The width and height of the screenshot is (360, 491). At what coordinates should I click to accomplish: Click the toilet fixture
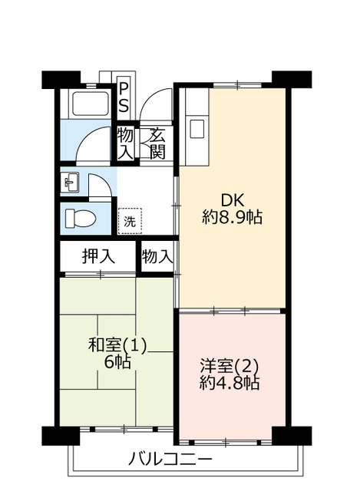(x=80, y=218)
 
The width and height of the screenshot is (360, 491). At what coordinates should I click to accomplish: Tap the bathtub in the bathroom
(x=91, y=104)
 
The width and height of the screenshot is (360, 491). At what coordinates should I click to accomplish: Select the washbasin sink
(x=71, y=183)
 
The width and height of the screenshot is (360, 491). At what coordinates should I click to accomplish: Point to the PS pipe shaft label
(x=124, y=97)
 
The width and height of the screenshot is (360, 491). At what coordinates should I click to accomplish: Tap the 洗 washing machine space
(x=130, y=221)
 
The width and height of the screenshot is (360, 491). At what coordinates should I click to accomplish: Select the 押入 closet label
(x=98, y=256)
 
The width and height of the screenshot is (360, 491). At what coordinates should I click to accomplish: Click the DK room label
(x=232, y=199)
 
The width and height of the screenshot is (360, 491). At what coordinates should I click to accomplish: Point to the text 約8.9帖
(x=232, y=217)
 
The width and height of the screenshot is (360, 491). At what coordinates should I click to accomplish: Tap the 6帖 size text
(x=117, y=362)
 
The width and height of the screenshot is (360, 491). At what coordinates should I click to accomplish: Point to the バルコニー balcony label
(x=170, y=460)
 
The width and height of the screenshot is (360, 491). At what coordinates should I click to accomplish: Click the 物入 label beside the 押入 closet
(x=157, y=257)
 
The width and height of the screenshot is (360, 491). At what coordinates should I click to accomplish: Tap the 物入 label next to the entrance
(x=125, y=143)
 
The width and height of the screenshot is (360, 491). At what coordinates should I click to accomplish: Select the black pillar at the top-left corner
(x=61, y=80)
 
